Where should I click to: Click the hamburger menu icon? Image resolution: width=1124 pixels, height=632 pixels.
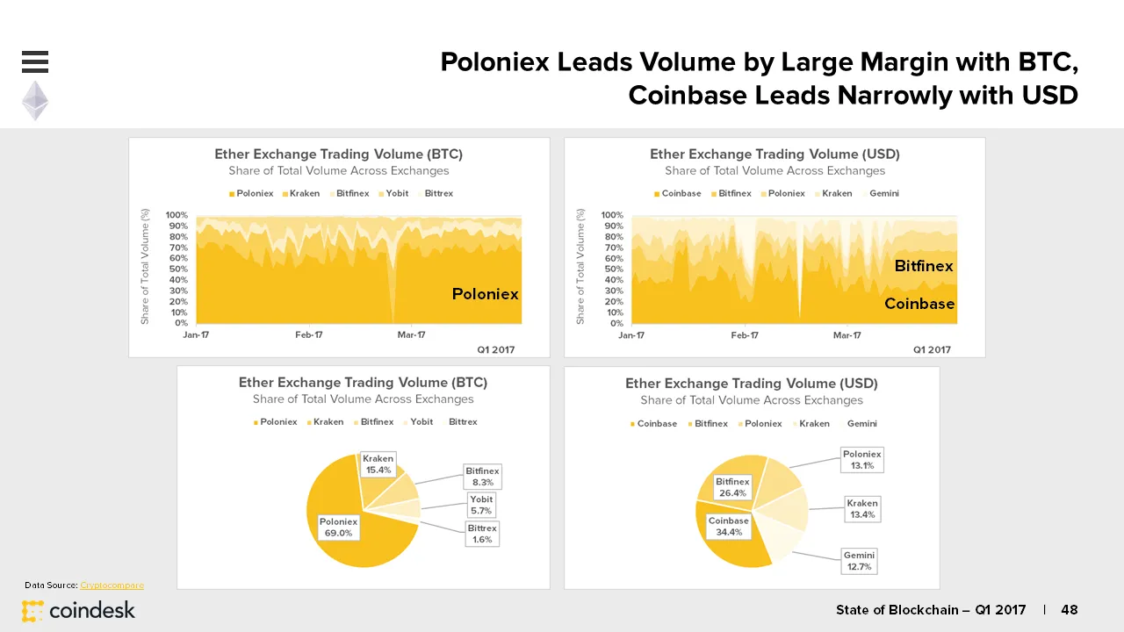tap(35, 61)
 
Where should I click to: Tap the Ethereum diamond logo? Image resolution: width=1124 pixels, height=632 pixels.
tap(35, 101)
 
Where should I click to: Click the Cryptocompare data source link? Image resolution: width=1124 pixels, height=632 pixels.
tap(112, 585)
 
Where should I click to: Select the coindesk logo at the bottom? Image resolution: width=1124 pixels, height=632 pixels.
tap(79, 610)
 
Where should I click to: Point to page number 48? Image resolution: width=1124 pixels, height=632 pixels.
tap(1070, 610)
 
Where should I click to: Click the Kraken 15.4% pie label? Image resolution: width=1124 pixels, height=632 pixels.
tap(378, 464)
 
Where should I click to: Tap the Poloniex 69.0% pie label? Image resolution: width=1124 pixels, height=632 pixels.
tap(338, 528)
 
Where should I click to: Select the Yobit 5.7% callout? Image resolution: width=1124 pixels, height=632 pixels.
tap(481, 506)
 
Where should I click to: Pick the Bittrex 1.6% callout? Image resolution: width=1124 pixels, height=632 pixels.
tap(482, 534)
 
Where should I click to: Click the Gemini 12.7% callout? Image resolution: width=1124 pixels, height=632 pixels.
tap(859, 561)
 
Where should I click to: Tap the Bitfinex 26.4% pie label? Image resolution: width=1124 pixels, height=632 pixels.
tap(732, 487)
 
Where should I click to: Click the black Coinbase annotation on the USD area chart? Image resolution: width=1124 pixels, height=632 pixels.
tap(919, 304)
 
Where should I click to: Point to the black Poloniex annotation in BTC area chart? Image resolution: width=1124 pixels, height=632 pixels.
tap(486, 294)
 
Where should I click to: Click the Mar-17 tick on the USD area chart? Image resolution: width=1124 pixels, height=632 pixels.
tap(847, 335)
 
